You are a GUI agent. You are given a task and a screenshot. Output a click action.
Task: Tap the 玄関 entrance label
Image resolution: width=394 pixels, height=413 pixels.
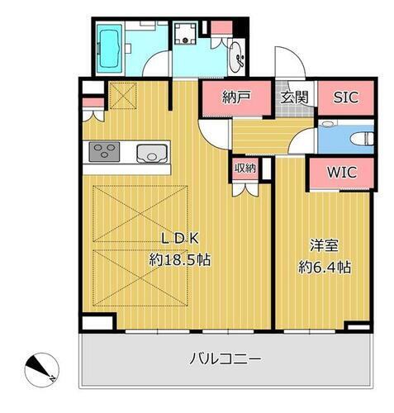click(x=294, y=97)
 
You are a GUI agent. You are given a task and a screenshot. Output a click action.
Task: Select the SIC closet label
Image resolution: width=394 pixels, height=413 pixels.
click(x=344, y=97)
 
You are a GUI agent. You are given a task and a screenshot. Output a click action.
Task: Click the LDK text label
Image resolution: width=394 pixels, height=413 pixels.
click(x=178, y=240)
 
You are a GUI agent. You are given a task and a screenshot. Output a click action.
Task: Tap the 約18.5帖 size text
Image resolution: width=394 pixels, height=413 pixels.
click(x=179, y=259)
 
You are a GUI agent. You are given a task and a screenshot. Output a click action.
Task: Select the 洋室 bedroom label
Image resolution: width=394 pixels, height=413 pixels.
click(x=323, y=247)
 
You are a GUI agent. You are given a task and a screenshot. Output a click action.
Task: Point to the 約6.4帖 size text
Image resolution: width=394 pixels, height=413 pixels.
click(x=324, y=267)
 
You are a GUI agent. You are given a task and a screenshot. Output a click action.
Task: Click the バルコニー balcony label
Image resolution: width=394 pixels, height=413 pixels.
click(x=225, y=359)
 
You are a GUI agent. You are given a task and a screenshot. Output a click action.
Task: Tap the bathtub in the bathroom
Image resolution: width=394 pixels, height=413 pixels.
click(x=108, y=46)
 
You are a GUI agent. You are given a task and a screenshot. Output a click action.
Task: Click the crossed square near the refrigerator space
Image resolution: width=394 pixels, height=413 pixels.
click(x=121, y=97)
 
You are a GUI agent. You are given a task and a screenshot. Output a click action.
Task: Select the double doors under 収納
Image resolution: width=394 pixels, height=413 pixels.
click(x=244, y=187)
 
